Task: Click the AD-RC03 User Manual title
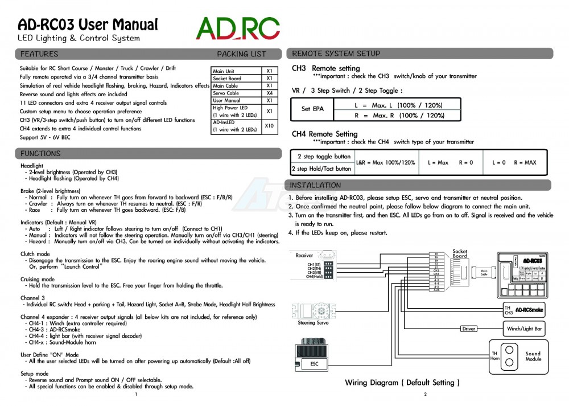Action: coord(88,24)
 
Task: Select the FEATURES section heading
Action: coord(39,54)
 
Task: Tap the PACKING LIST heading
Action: coord(241,54)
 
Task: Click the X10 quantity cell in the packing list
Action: coord(270,126)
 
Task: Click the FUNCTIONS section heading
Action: coord(40,154)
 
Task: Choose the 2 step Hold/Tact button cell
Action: coord(321,169)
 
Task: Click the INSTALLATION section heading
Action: coord(315,186)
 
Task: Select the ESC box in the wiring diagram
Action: coord(314,363)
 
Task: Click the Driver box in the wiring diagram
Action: coord(469,329)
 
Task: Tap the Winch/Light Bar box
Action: coord(523,329)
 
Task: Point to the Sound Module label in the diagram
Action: coord(533,356)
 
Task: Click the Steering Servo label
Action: coord(314,323)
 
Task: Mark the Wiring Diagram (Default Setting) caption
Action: coord(402,383)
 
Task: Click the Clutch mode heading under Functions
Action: coord(35,254)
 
